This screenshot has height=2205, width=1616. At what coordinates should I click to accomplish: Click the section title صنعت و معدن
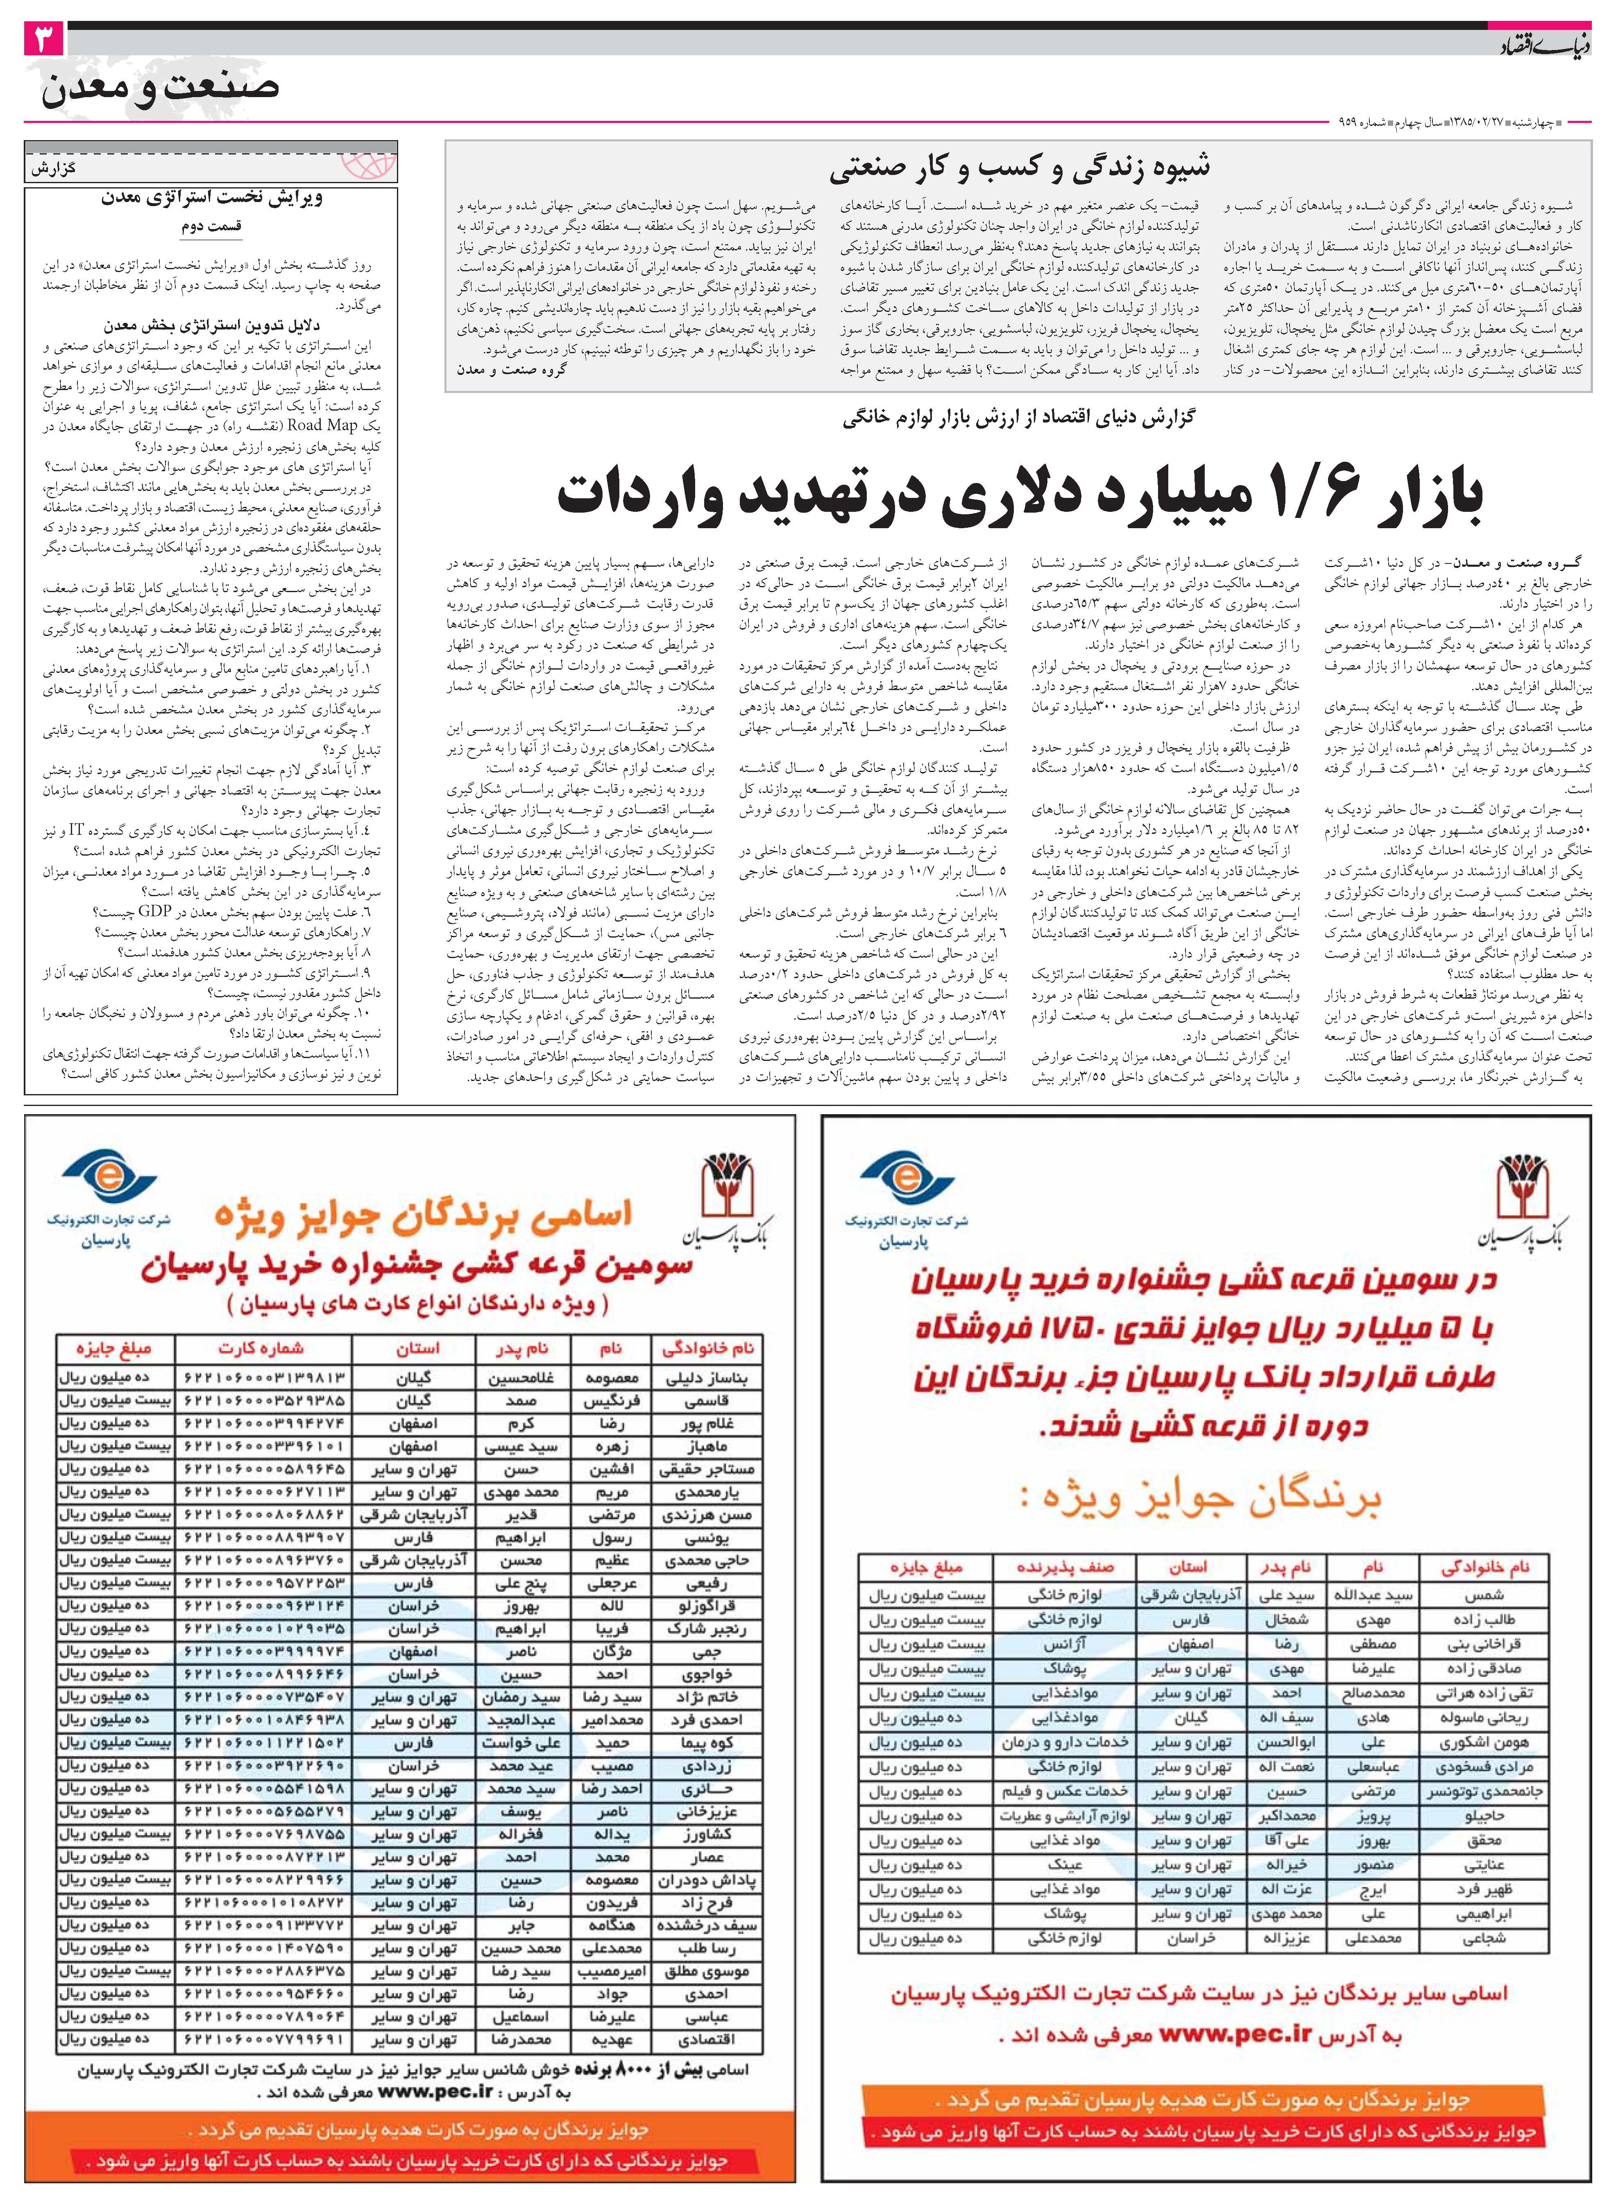pos(161,88)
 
